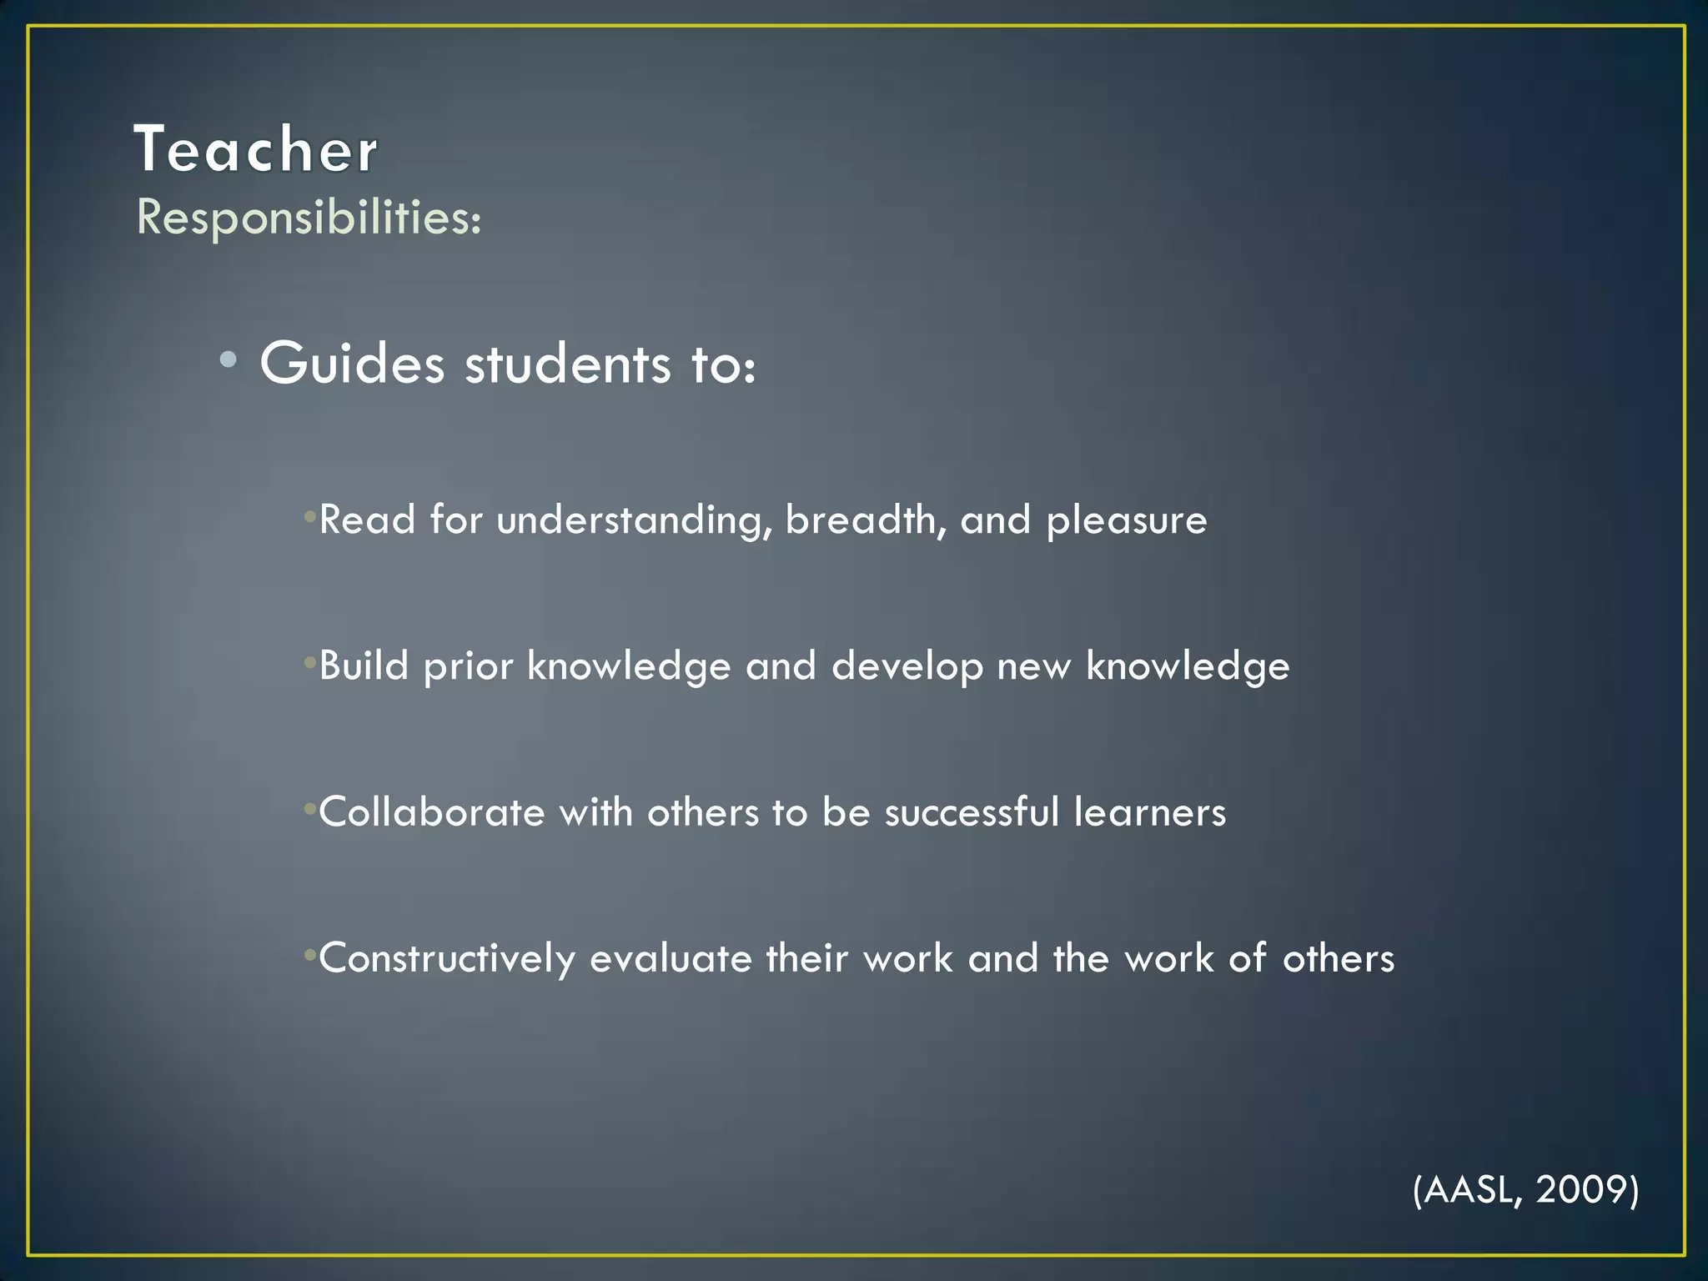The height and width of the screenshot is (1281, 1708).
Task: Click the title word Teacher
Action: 256,150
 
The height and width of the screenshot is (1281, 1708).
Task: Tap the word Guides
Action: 352,364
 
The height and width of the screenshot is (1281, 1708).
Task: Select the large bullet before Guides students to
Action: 229,360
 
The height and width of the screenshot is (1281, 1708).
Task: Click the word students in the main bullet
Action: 567,364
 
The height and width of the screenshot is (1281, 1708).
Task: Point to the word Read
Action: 367,520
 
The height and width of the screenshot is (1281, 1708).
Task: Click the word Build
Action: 364,666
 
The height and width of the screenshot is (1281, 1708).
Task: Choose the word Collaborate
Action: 431,812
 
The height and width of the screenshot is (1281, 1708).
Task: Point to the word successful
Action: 972,812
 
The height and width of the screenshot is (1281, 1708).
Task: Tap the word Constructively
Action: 447,959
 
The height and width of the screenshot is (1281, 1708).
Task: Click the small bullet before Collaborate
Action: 310,809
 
